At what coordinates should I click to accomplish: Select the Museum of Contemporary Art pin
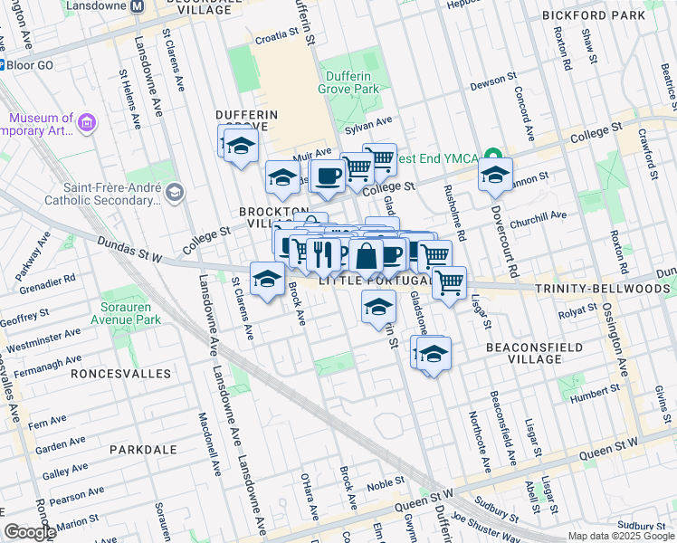click(x=88, y=122)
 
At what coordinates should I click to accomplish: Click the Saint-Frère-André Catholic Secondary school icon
click(x=175, y=191)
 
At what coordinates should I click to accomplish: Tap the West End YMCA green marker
click(x=491, y=155)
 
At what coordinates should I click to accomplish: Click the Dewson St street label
click(x=493, y=86)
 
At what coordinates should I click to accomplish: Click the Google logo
click(x=30, y=532)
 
